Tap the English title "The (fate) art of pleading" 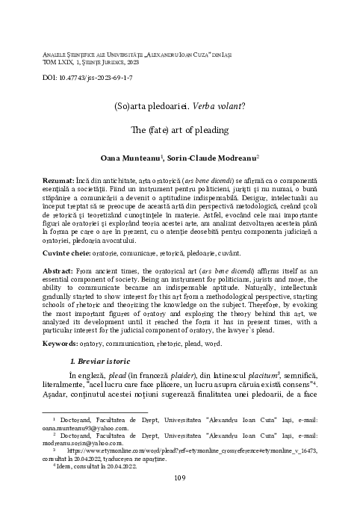(x=179, y=129)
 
